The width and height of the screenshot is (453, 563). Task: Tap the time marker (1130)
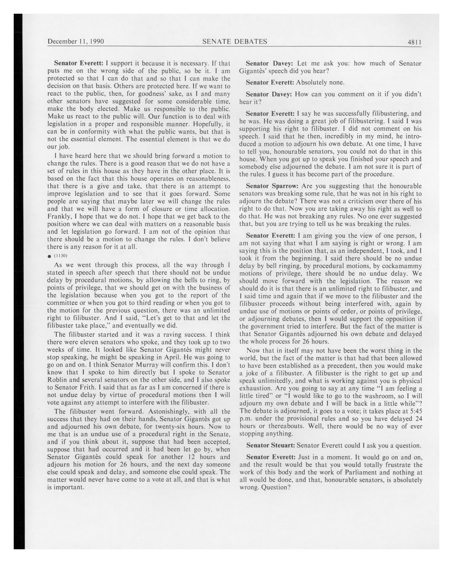(61, 256)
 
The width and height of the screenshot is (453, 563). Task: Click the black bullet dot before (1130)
(49, 256)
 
